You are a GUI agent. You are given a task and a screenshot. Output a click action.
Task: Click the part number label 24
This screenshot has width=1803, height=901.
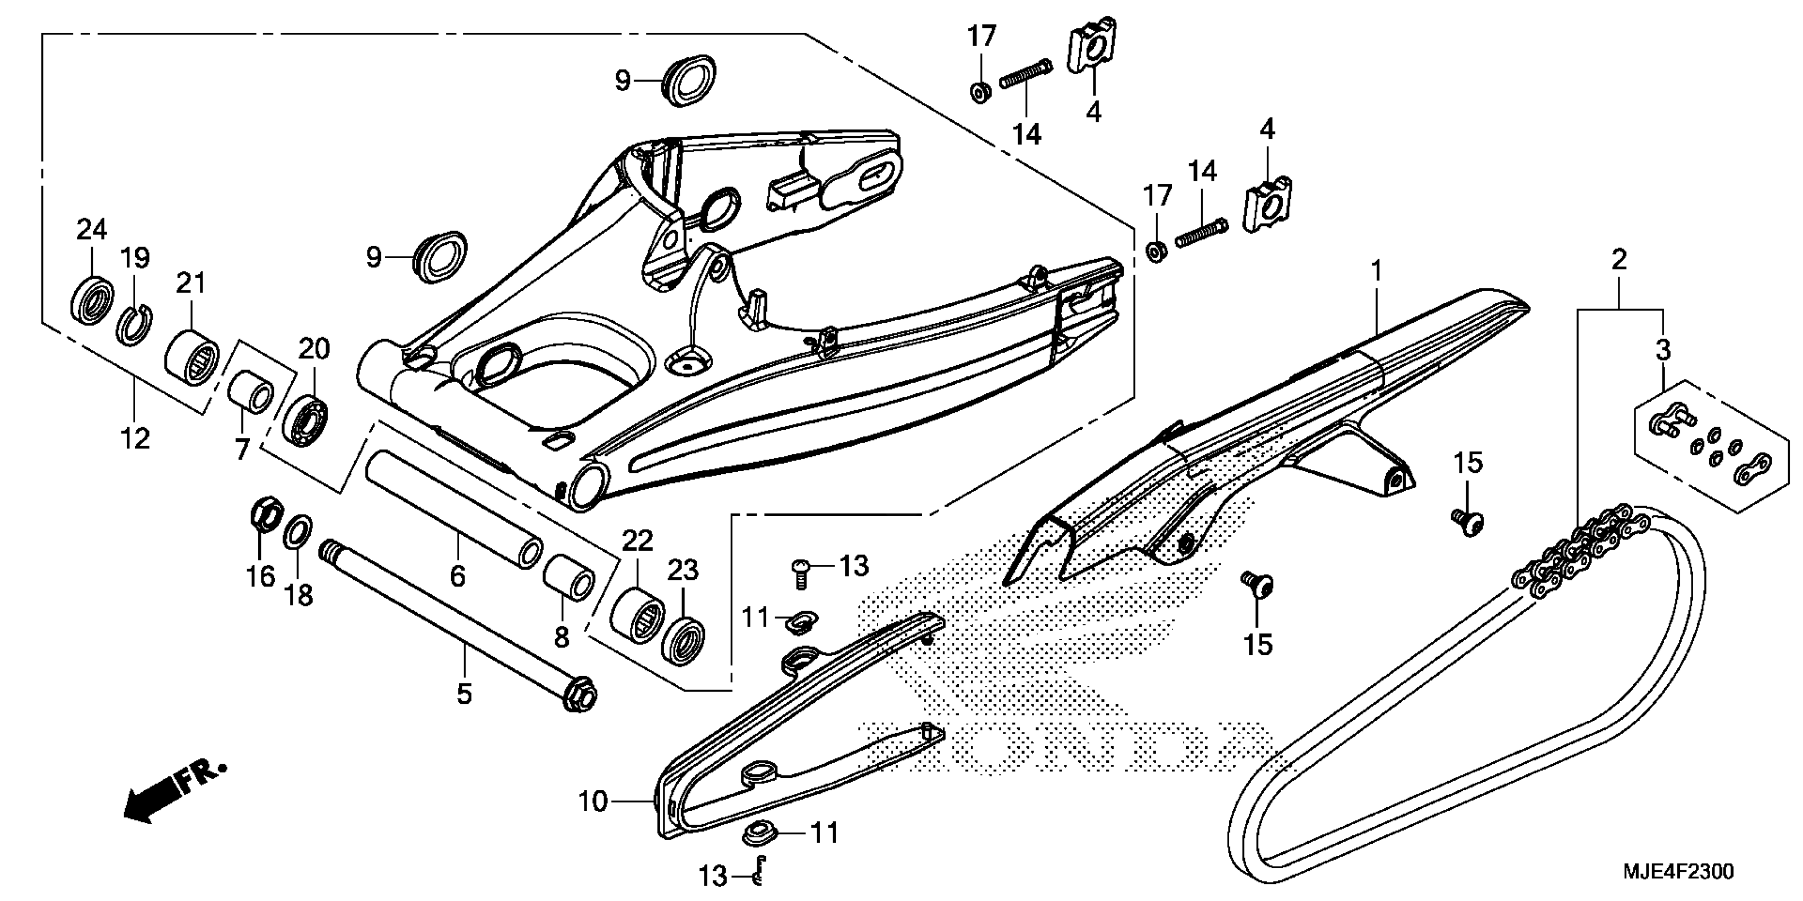tap(92, 229)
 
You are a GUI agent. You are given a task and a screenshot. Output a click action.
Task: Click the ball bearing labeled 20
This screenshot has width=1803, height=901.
tap(307, 418)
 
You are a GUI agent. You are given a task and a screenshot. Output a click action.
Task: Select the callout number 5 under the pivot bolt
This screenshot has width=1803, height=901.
tap(464, 695)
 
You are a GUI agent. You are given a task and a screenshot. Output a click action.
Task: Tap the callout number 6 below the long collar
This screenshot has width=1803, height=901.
tap(457, 577)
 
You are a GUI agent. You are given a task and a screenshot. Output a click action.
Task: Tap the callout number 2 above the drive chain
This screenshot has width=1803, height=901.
tap(1618, 260)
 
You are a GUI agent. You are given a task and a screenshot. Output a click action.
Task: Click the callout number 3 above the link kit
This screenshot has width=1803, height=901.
tap(1663, 350)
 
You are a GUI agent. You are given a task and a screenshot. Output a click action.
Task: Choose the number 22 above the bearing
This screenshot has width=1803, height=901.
tap(637, 540)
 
